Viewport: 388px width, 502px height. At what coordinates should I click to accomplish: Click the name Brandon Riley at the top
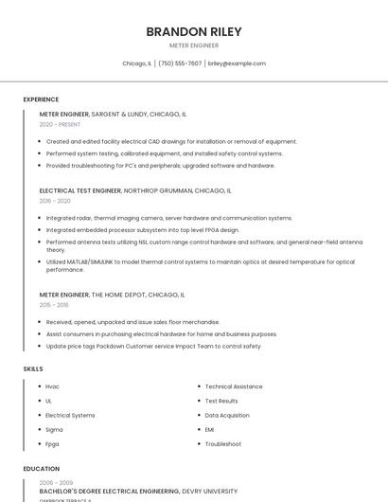[x=194, y=31]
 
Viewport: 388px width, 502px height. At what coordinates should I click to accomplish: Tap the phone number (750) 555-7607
[x=180, y=63]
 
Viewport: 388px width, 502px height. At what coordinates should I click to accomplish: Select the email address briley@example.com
[x=237, y=63]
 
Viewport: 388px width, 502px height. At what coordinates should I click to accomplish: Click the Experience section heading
[x=41, y=99]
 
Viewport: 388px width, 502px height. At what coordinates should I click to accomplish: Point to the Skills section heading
[x=33, y=368]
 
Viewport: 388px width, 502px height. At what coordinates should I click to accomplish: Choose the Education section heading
[x=41, y=468]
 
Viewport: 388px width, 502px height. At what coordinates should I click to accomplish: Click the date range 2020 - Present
[x=59, y=124]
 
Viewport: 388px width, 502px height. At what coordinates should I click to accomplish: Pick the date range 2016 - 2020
[x=55, y=201]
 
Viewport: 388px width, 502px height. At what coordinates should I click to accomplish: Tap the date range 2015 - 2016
[x=54, y=305]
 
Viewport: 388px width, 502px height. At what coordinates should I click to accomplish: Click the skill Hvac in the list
[x=52, y=386]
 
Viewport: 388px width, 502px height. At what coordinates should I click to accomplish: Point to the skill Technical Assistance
[x=234, y=386]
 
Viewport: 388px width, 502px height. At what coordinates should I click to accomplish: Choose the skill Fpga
[x=52, y=443]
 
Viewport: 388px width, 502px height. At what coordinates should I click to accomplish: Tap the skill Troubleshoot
[x=223, y=443]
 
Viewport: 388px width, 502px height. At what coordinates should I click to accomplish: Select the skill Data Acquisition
[x=227, y=415]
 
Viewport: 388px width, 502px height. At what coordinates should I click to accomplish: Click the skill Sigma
[x=54, y=429]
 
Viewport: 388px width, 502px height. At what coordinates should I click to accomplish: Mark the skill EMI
[x=210, y=429]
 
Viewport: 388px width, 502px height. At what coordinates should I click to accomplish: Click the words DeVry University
[x=210, y=492]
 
